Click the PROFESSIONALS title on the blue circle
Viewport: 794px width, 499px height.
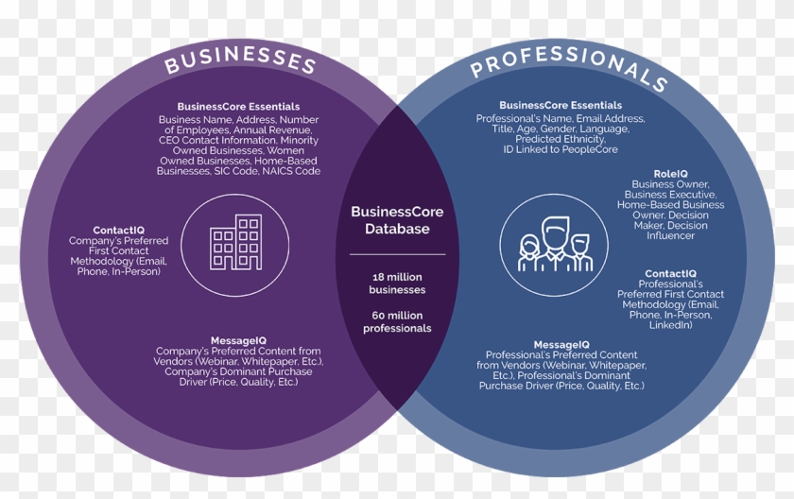click(568, 65)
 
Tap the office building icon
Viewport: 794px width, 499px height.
click(236, 243)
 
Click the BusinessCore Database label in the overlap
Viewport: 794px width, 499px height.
click(397, 220)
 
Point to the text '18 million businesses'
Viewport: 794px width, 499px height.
click(397, 284)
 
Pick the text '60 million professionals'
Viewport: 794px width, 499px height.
click(397, 322)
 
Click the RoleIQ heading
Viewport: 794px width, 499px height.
click(670, 174)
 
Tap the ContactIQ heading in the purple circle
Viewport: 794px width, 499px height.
click(118, 231)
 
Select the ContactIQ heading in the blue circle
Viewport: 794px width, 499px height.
click(670, 274)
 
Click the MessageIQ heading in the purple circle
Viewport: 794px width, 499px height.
click(238, 340)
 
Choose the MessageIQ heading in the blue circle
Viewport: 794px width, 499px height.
click(561, 345)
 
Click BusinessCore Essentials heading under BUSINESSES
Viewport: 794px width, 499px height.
click(238, 107)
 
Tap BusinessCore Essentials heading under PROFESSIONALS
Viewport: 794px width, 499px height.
click(561, 105)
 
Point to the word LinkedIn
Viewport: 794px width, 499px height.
click(670, 325)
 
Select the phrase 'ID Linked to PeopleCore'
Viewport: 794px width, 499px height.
click(561, 149)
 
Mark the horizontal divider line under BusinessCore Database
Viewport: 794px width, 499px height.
click(398, 254)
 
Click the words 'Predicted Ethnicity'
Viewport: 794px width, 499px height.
click(560, 139)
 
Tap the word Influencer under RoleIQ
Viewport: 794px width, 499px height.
click(670, 235)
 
